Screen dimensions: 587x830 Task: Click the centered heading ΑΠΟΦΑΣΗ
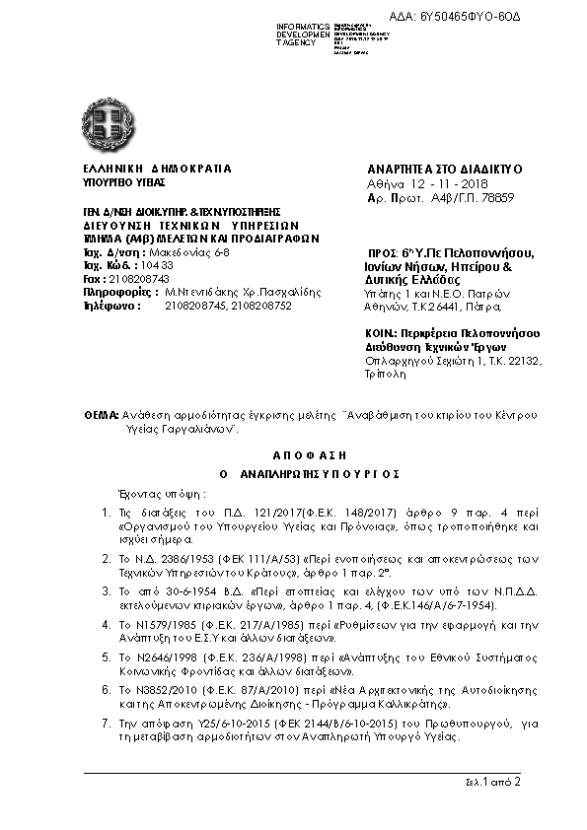(293, 458)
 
